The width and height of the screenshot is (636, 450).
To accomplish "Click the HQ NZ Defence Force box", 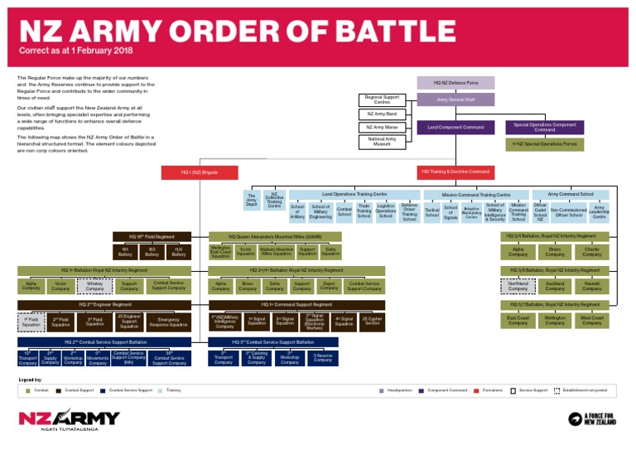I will (455, 83).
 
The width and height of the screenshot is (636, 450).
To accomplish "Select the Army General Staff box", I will (455, 99).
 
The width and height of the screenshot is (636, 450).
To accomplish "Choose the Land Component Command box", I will (455, 128).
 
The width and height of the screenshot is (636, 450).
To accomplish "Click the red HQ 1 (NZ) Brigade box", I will (200, 172).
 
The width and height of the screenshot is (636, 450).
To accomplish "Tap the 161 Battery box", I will (125, 251).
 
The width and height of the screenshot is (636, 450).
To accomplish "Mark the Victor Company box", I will (60, 286).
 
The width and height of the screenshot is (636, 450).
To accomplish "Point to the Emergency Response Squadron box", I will (169, 321).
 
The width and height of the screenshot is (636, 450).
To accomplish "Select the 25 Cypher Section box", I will (372, 321).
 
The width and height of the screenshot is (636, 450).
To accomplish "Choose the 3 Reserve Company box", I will (323, 358).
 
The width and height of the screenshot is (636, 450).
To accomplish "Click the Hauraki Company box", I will (591, 286).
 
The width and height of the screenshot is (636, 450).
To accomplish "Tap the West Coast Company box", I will (591, 321).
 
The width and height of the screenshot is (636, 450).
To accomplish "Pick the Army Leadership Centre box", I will (599, 213).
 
